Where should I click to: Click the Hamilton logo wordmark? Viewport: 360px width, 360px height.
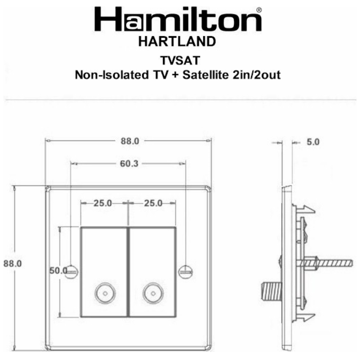[x=178, y=19]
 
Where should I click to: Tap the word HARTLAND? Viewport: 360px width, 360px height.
[x=178, y=42]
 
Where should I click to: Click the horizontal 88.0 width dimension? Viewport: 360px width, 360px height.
[x=128, y=140]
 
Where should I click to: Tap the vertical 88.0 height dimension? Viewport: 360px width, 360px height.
[x=13, y=263]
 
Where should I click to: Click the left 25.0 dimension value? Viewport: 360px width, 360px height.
[x=103, y=203]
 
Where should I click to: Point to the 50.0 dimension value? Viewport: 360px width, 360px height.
[x=59, y=270]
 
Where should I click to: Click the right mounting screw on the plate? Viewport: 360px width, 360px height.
[x=186, y=270]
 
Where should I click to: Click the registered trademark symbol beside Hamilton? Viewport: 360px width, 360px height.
[x=259, y=9]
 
